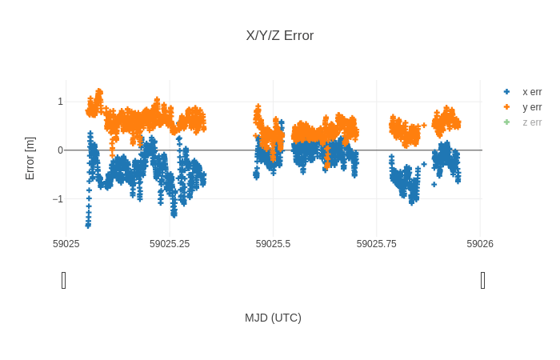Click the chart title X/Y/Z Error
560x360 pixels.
click(x=280, y=36)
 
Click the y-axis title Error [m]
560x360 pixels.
click(x=30, y=158)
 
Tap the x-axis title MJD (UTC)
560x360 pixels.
click(x=273, y=318)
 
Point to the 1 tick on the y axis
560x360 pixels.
click(x=60, y=102)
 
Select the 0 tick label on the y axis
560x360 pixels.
click(x=60, y=150)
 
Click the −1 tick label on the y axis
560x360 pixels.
click(x=58, y=199)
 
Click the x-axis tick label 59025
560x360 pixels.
click(x=66, y=243)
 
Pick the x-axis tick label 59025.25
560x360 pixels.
click(x=170, y=243)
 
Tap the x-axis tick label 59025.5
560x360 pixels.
click(x=274, y=243)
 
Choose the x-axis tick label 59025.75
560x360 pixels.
click(x=377, y=243)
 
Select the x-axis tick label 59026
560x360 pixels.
click(x=480, y=243)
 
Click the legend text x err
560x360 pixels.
click(x=532, y=92)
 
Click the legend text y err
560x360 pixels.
click(x=532, y=107)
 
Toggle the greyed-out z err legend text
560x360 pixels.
click(x=532, y=122)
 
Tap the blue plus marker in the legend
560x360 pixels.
click(x=506, y=92)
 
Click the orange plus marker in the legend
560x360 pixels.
click(x=506, y=107)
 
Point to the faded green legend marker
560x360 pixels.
click(x=506, y=122)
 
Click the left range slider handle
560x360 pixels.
click(x=64, y=280)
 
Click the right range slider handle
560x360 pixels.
click(x=482, y=280)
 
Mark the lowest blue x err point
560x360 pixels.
click(x=88, y=226)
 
